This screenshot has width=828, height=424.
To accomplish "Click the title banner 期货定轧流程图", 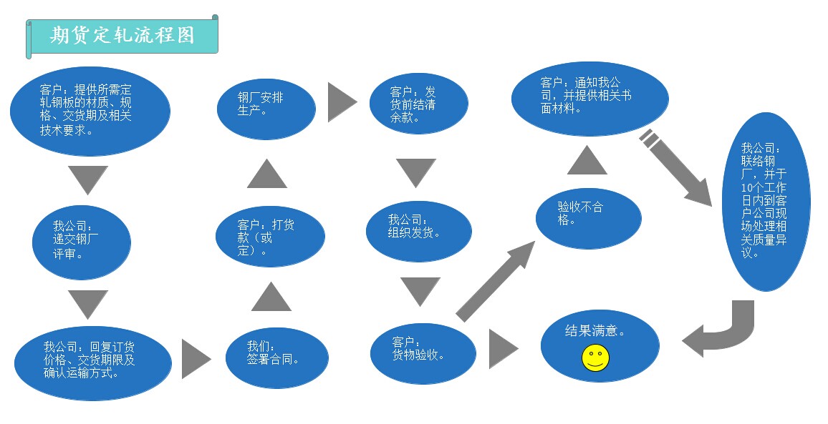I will (122, 36).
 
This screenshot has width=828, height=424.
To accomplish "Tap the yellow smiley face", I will (595, 358).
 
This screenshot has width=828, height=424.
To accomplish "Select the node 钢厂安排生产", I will (266, 108).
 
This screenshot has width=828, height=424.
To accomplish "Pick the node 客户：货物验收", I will (423, 353).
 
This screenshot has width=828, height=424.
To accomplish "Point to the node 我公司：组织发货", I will (419, 231).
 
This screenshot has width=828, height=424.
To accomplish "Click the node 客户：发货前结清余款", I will (418, 104).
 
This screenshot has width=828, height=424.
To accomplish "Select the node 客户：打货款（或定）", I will (270, 235).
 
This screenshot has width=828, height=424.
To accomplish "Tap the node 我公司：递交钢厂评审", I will (82, 242).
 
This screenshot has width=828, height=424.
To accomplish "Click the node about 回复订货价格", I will (93, 360).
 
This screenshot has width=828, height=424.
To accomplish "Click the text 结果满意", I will (595, 332).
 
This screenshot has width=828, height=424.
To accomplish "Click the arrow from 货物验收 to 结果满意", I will (502, 349).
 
